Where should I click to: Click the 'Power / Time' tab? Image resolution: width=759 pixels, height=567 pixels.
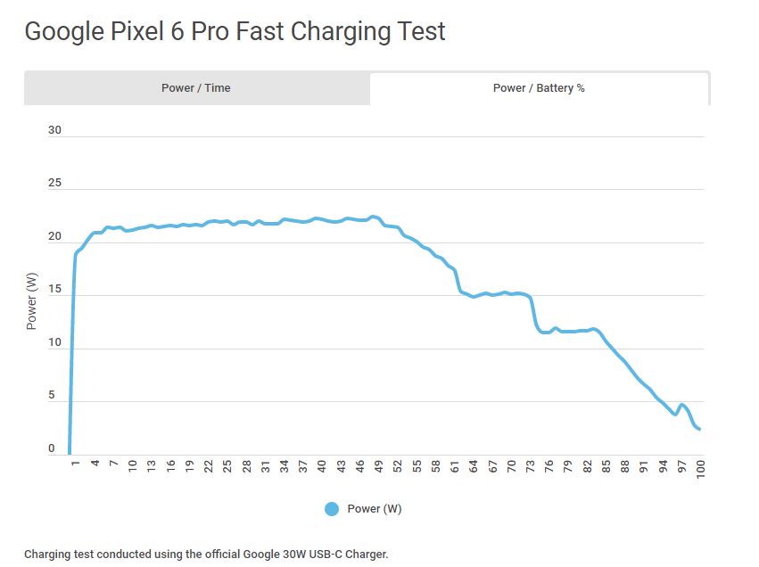click(196, 88)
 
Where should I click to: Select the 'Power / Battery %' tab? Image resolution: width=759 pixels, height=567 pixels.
click(539, 88)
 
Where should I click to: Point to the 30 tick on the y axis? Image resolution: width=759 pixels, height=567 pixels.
click(54, 130)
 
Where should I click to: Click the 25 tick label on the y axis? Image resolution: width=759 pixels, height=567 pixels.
click(54, 184)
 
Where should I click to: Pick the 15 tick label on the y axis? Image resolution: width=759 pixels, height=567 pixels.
click(54, 290)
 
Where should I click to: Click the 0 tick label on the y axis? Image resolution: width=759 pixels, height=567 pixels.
click(52, 449)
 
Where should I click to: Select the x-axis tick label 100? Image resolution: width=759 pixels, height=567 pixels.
click(701, 470)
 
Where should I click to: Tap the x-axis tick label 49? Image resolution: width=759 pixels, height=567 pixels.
click(379, 467)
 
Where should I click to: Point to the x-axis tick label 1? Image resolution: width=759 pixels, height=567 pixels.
click(76, 464)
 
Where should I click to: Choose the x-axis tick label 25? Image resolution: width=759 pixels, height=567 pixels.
click(227, 467)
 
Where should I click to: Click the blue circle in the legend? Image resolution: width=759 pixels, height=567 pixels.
click(332, 509)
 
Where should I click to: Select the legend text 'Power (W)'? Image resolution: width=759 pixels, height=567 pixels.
click(375, 509)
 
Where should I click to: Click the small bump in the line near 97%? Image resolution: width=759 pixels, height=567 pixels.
click(682, 406)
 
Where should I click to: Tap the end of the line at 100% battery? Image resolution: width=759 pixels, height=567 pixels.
click(700, 430)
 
